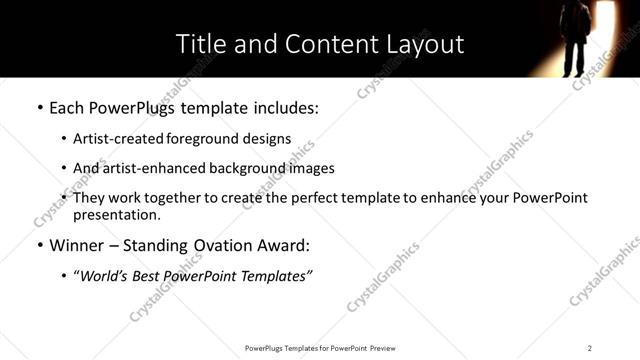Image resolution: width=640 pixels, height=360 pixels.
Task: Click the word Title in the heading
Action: click(x=198, y=45)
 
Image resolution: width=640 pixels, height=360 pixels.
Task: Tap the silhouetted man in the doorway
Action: click(x=575, y=37)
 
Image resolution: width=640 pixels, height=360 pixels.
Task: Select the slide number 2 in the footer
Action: click(x=590, y=348)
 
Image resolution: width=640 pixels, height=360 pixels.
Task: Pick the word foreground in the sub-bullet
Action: click(x=212, y=139)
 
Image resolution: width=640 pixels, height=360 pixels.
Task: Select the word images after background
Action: click(x=311, y=168)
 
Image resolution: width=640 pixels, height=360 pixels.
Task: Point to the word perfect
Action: click(x=320, y=198)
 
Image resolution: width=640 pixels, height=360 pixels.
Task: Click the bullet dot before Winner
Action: click(x=39, y=245)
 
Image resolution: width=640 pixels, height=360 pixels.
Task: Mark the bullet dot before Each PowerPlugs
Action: click(x=39, y=106)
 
